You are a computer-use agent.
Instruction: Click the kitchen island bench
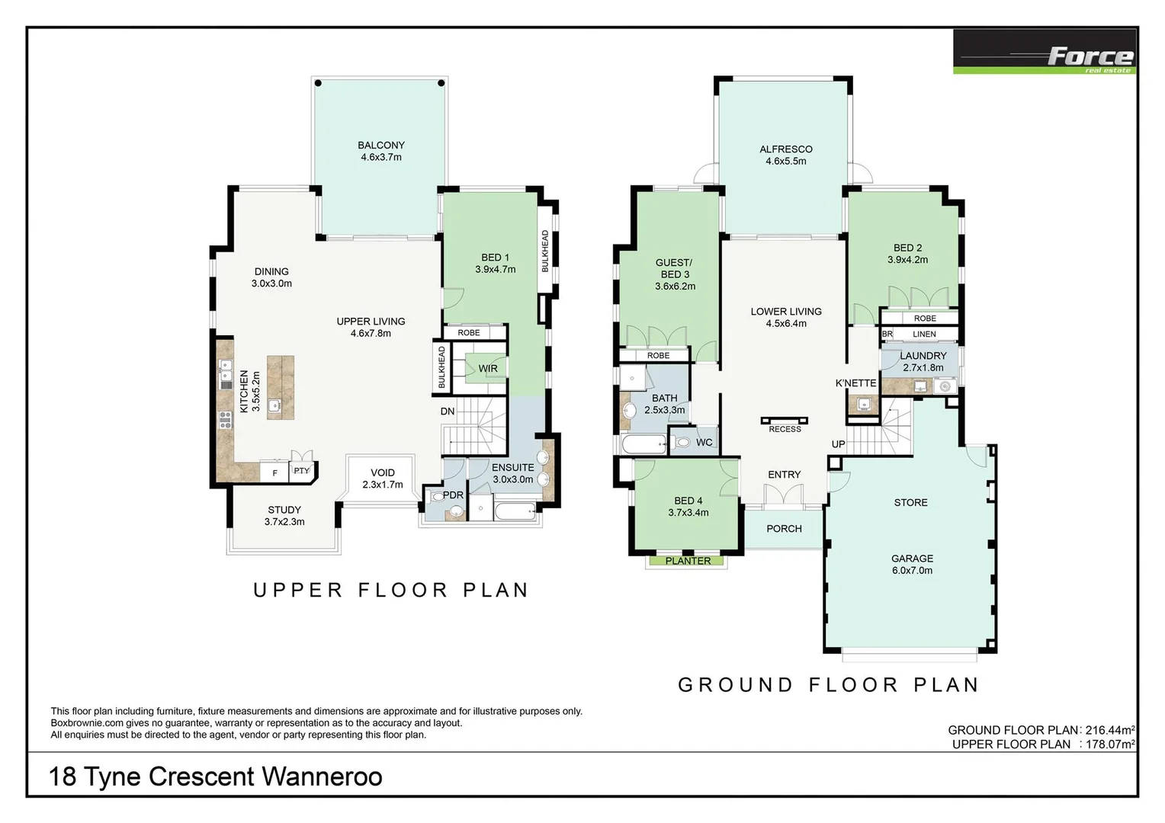[x=280, y=387]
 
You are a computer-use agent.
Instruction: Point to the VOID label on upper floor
[x=382, y=472]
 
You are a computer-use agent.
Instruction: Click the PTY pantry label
[x=302, y=471]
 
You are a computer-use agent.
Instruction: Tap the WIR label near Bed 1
[x=487, y=369]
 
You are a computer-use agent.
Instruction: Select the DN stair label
[x=448, y=411]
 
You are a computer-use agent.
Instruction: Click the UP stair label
[x=838, y=444]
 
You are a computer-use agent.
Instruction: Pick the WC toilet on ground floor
[x=683, y=443]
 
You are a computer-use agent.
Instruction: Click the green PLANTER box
[x=688, y=561]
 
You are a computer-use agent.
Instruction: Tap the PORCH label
[x=784, y=529]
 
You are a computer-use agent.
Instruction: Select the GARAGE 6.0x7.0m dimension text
[x=912, y=571]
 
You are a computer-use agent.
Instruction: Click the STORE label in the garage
[x=910, y=503]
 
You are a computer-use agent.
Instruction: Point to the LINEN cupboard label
[x=924, y=335]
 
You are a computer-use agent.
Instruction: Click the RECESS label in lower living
[x=785, y=429]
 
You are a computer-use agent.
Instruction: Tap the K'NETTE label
[x=855, y=383]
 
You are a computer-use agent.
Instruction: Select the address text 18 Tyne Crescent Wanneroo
[x=216, y=777]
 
